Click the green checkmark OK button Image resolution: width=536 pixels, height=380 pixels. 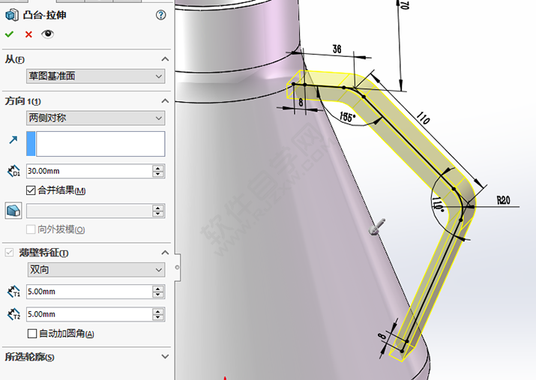[x=9, y=34]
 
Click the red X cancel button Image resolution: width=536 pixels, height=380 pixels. [x=28, y=34]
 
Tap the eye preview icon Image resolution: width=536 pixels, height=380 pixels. [x=48, y=34]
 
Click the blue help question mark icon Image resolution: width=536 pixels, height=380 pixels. [x=160, y=15]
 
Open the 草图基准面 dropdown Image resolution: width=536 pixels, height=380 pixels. [x=95, y=76]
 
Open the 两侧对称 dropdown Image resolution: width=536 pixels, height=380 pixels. [x=95, y=118]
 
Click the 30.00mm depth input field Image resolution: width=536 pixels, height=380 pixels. [x=88, y=171]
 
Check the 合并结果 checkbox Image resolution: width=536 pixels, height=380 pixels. [x=31, y=190]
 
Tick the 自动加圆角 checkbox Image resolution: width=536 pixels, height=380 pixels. [x=31, y=334]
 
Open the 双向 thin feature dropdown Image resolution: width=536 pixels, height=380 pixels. [x=95, y=269]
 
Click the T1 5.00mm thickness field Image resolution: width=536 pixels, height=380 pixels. [x=88, y=292]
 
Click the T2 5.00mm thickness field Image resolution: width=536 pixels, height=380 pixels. [x=88, y=314]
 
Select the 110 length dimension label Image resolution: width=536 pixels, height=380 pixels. [x=423, y=118]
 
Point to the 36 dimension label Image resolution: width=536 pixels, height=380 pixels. [x=337, y=49]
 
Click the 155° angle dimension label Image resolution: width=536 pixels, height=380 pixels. [x=348, y=118]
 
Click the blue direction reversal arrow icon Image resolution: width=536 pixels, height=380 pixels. [x=13, y=140]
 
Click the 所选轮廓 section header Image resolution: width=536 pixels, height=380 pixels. [x=30, y=358]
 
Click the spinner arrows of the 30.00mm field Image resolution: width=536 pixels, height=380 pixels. [x=158, y=171]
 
